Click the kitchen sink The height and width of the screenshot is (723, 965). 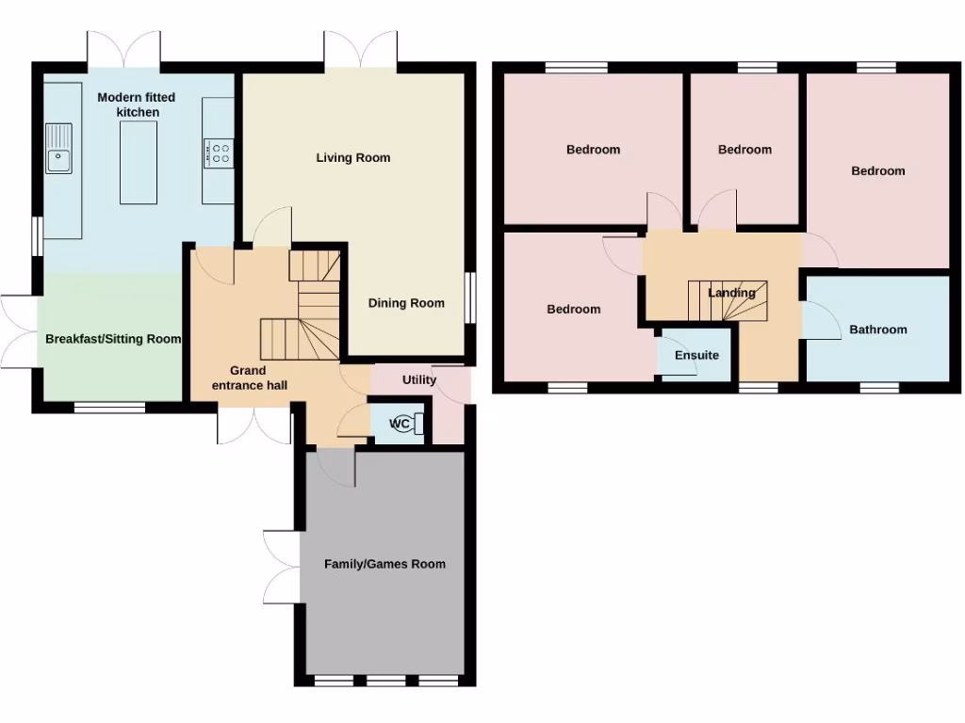coord(58,150)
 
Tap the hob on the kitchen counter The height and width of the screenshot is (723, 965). coord(219,153)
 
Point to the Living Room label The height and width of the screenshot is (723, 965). coord(352,158)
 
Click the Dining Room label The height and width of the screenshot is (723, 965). coord(406,303)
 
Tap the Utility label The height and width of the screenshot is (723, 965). coord(419,380)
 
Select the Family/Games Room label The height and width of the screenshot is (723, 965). coord(384,564)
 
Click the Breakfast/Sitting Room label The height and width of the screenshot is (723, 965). coord(113,339)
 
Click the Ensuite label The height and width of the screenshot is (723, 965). coord(696,355)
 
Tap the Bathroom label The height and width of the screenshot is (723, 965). coord(877,329)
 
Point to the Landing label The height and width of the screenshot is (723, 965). coord(731,293)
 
